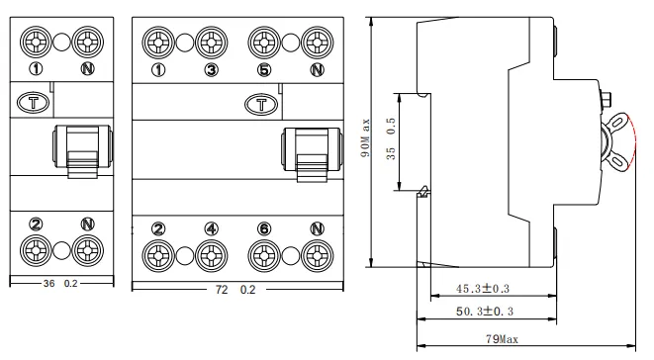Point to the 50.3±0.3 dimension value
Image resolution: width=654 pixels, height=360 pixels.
(484, 312)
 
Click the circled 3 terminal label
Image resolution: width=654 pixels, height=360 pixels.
(210, 69)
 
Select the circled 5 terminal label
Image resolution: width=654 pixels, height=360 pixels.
(263, 69)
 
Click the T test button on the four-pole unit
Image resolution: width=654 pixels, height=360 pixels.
(260, 102)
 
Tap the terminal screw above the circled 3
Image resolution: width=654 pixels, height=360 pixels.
(210, 43)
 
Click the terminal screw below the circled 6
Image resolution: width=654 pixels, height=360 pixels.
(263, 255)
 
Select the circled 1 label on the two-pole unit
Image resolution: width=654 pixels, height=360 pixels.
(36, 69)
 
